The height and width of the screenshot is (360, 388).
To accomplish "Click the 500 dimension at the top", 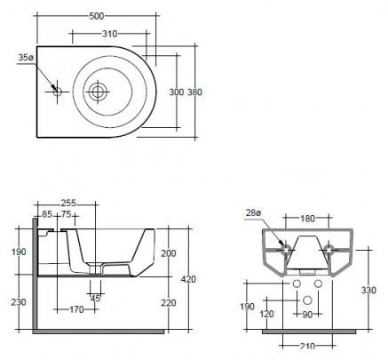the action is click(97, 16).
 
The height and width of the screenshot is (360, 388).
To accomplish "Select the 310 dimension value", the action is click(110, 34).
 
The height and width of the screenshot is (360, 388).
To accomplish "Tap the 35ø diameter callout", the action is click(26, 58).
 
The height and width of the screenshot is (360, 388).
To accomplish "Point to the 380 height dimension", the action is click(194, 92).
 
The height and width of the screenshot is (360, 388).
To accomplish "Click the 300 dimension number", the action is click(177, 92).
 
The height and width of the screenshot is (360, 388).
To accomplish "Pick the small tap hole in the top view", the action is click(57, 92).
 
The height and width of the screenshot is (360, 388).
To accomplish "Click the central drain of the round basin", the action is click(97, 92).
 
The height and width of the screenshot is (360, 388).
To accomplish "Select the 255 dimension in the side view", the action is click(68, 204).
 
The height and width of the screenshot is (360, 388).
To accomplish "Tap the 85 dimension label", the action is click(47, 214).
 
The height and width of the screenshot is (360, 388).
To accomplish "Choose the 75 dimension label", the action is click(67, 214).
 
